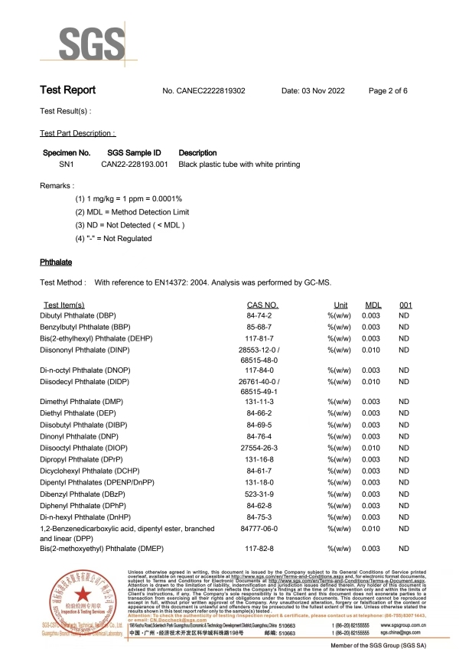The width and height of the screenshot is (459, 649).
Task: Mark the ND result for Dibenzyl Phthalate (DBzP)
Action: pos(405,494)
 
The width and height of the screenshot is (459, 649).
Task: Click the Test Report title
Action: pos(67,90)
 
